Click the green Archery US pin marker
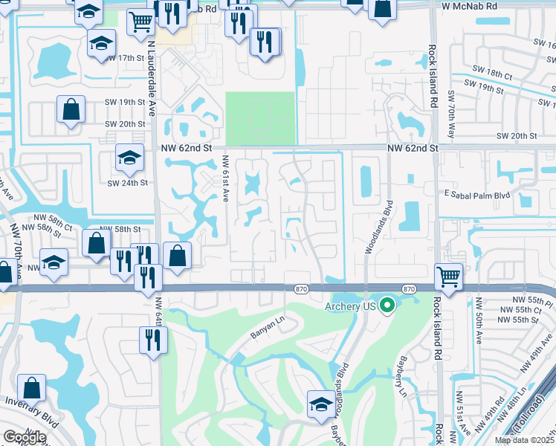[387, 305]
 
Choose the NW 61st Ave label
[225, 178]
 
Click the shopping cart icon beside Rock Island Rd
[449, 277]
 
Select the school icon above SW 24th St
[129, 157]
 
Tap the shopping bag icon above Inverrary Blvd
[32, 387]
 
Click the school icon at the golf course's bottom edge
[321, 404]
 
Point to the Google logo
[24, 438]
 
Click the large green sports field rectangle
[260, 118]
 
